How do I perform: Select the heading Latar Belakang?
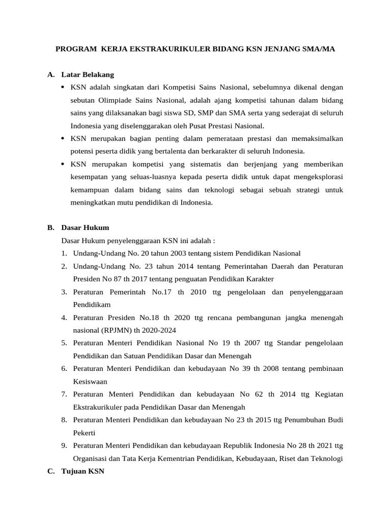click(87, 75)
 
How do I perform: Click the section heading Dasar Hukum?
click(85, 227)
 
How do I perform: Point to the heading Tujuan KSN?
click(82, 471)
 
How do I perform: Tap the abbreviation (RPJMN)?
click(118, 330)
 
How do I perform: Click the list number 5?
click(64, 343)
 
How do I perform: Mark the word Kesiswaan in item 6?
click(90, 381)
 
